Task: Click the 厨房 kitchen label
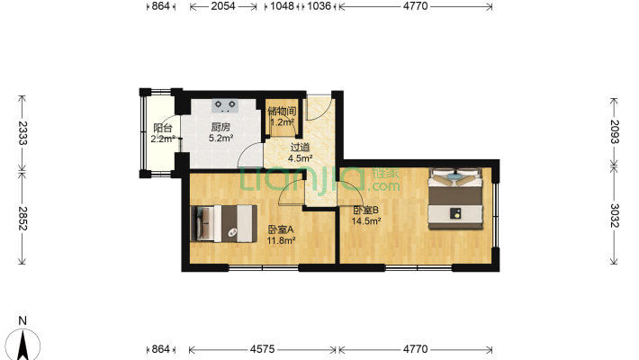pyautogui.click(x=220, y=128)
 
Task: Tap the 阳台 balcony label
pyautogui.click(x=163, y=129)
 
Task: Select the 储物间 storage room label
pyautogui.click(x=282, y=112)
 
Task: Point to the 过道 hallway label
pyautogui.click(x=300, y=148)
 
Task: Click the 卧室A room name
pyautogui.click(x=281, y=229)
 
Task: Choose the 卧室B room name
pyautogui.click(x=365, y=211)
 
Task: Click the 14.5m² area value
pyautogui.click(x=366, y=221)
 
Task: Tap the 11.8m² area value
pyautogui.click(x=281, y=241)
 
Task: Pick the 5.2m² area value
pyautogui.click(x=220, y=139)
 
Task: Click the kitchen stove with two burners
pyautogui.click(x=225, y=106)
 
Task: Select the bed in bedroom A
pyautogui.click(x=224, y=223)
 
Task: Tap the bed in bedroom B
pyautogui.click(x=455, y=199)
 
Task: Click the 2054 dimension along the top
pyautogui.click(x=223, y=6)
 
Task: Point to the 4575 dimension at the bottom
pyautogui.click(x=262, y=349)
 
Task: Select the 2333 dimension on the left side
pyautogui.click(x=22, y=133)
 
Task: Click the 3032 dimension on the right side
pyautogui.click(x=614, y=215)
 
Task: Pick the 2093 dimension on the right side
pyautogui.click(x=614, y=131)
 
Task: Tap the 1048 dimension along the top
pyautogui.click(x=282, y=6)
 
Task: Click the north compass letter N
pyautogui.click(x=22, y=321)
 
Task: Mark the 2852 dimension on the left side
pyautogui.click(x=22, y=219)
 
